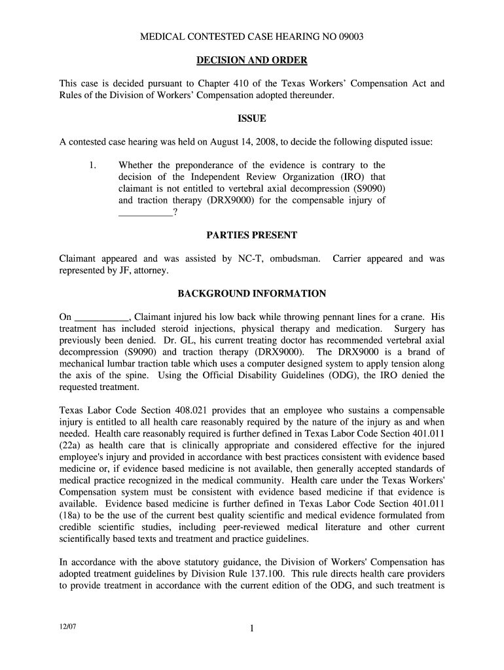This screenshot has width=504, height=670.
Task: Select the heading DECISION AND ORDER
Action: click(x=252, y=61)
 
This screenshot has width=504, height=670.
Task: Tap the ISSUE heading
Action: click(x=252, y=118)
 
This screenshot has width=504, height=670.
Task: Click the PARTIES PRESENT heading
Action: click(x=252, y=235)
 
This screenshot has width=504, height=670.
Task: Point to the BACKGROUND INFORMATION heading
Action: click(x=252, y=294)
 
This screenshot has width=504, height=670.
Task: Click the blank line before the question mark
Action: click(x=145, y=212)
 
